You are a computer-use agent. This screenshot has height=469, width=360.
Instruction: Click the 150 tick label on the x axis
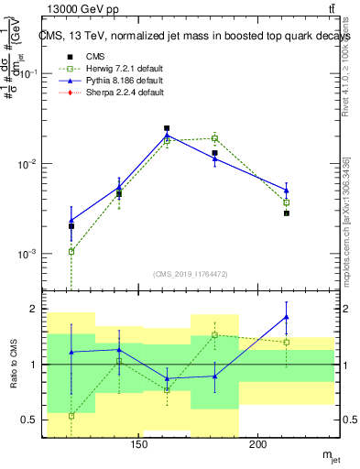click(139, 446)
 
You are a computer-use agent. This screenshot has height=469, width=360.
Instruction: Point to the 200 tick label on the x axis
click(258, 446)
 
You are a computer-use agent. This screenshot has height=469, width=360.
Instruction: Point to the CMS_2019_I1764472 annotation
click(191, 274)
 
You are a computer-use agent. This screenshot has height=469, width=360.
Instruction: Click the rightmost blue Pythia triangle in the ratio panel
click(287, 317)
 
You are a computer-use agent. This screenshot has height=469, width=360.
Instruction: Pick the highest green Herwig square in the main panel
click(214, 137)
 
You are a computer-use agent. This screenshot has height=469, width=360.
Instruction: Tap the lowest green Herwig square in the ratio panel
click(71, 416)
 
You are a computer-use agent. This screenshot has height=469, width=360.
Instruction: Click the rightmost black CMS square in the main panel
click(287, 213)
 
